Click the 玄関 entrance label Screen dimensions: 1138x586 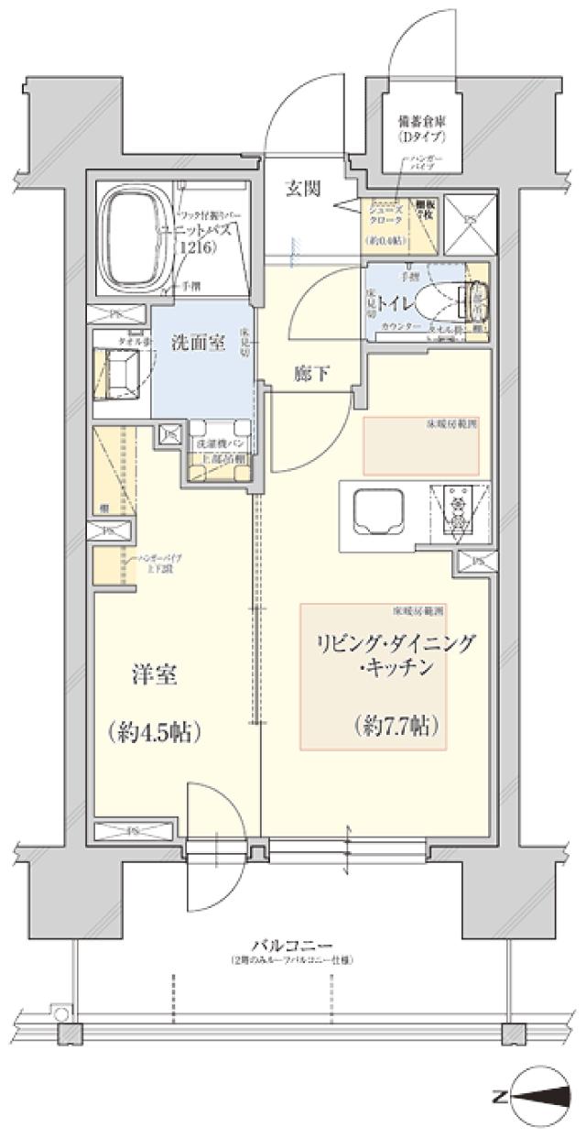coord(302,189)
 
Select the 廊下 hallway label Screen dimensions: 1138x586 coord(312,373)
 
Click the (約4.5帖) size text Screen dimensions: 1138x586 coord(153,732)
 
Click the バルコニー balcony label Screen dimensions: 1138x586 coord(293,945)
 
